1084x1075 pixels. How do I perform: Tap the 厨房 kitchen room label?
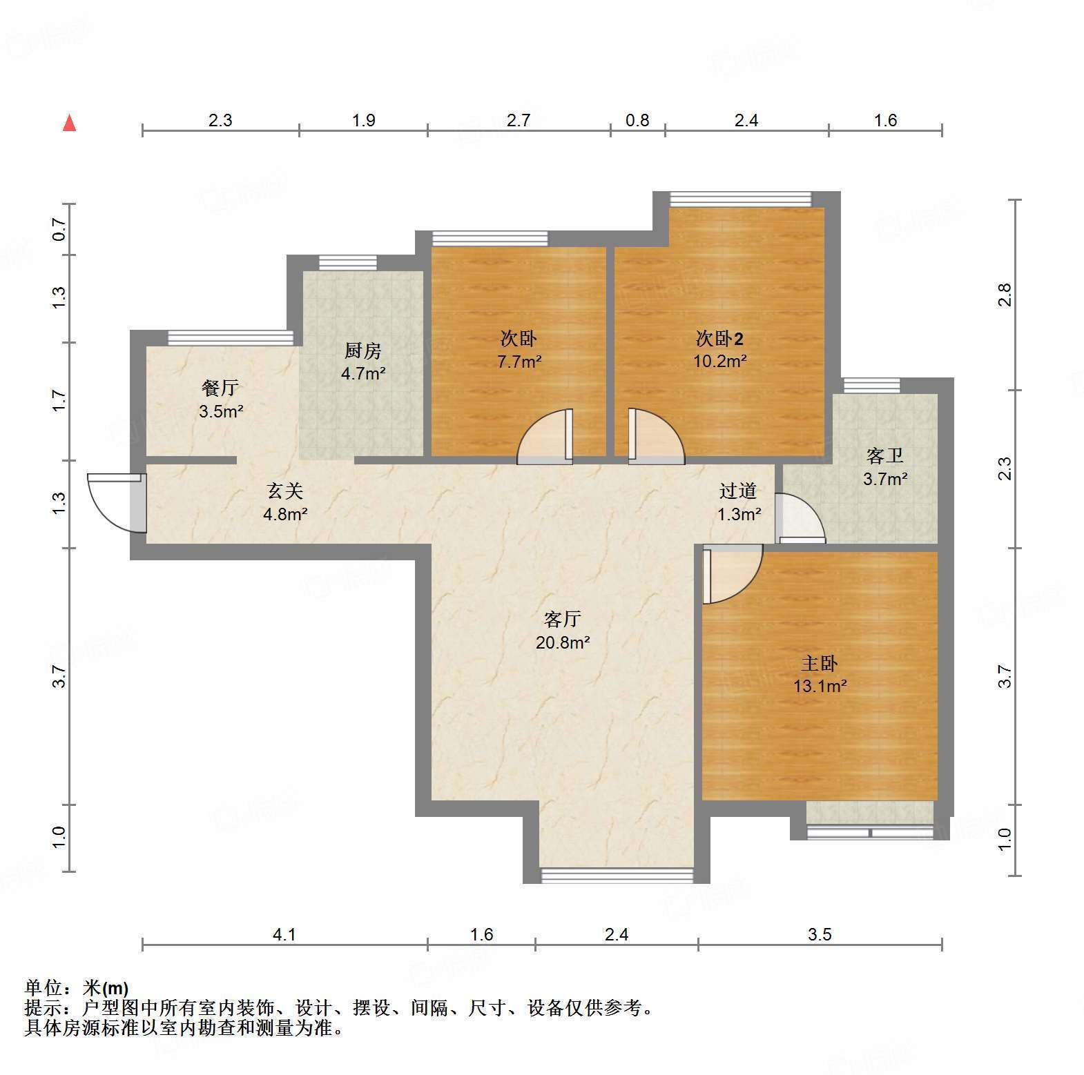362,351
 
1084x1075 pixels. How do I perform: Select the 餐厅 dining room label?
220,388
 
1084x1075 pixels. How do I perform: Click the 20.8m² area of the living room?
563,642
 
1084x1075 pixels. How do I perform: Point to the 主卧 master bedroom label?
820,664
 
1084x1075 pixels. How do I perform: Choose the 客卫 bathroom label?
885,456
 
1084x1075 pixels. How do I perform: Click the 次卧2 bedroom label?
719,339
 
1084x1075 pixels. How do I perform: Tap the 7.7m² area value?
519,361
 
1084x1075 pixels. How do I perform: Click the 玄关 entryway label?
285,491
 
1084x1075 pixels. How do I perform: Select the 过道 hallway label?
738,491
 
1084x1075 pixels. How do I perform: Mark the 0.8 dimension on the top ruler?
637,121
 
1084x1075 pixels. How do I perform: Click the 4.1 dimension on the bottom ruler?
284,935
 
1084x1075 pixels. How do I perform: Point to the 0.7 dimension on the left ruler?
59,229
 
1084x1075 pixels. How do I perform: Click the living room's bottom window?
617,876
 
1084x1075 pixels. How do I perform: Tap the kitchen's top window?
348,263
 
